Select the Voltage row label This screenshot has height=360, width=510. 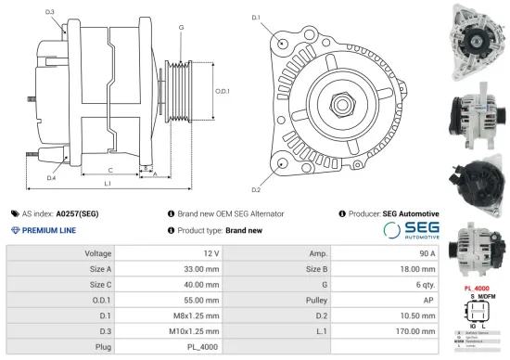(x=98, y=253)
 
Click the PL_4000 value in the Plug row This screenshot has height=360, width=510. (x=203, y=348)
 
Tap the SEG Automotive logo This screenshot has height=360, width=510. (x=410, y=231)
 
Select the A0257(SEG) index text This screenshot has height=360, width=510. (x=77, y=213)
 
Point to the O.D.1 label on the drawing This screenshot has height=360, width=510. (x=223, y=91)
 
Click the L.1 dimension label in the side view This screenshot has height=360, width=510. (x=108, y=185)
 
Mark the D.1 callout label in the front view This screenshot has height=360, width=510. (x=257, y=18)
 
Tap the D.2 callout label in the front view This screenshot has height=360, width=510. (x=257, y=189)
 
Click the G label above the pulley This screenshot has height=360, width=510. (x=180, y=29)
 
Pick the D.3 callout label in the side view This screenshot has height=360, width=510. (x=49, y=12)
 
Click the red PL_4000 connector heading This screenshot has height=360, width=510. (x=477, y=288)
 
